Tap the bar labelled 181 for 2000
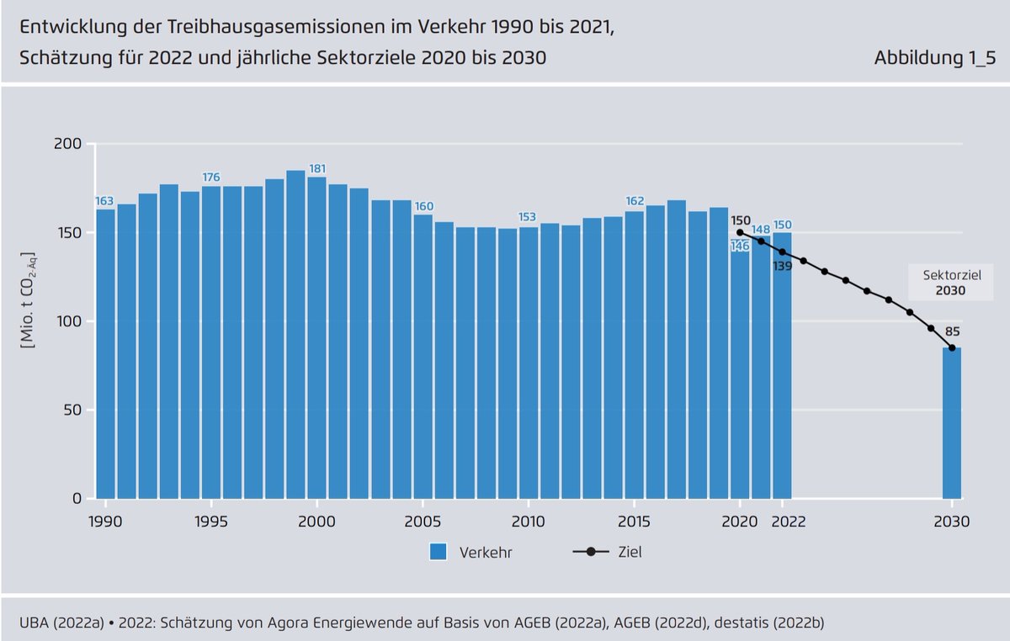316,337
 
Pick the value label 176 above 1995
211,177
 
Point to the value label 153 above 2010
528,217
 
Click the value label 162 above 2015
635,201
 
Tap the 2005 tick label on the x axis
423,521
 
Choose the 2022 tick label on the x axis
788,521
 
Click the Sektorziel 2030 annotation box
949,283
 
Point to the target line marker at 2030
951,348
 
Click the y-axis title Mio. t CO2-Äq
30,299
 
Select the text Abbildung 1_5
933,58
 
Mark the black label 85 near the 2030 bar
953,331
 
